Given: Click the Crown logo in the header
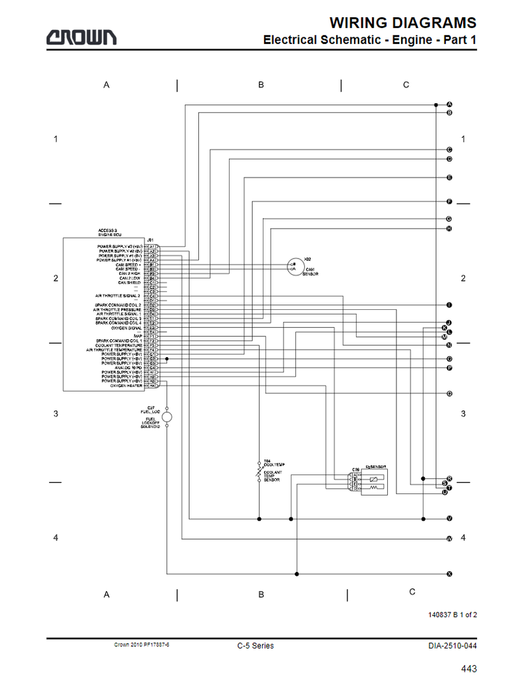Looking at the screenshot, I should [81, 38].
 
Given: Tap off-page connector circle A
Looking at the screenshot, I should [449, 105].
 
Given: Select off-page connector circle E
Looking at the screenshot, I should [449, 178].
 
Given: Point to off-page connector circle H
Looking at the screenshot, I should [449, 229].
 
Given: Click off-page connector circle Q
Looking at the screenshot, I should [449, 394].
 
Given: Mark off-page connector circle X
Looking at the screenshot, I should [449, 573].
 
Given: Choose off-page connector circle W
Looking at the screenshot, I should [449, 538].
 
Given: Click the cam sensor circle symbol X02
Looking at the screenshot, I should [294, 266].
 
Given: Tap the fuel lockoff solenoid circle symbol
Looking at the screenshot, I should [166, 416].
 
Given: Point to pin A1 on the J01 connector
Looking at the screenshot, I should [152, 246].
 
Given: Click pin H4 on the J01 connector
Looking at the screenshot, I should [152, 386].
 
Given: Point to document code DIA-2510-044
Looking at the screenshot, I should [452, 645].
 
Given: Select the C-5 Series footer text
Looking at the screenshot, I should [255, 645].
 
